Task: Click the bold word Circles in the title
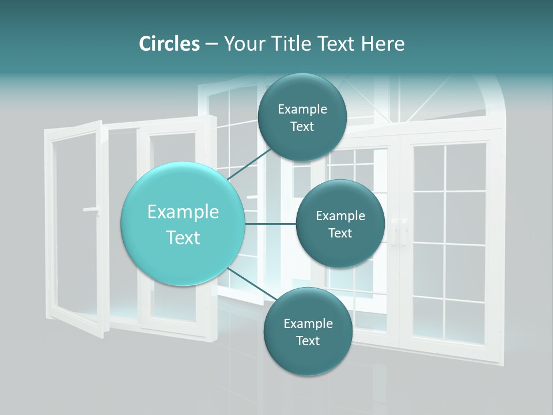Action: coord(169,44)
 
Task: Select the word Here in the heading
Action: coord(383,44)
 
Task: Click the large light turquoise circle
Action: coord(183,224)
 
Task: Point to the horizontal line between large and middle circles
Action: coord(270,224)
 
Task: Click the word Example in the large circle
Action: coord(183,212)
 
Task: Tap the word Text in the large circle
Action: coord(183,237)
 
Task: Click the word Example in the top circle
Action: coord(302,109)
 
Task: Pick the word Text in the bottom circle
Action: coord(308,341)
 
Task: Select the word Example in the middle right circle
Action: coord(340,216)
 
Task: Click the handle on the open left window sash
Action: coord(91,209)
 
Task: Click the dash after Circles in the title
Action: coord(211,44)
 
